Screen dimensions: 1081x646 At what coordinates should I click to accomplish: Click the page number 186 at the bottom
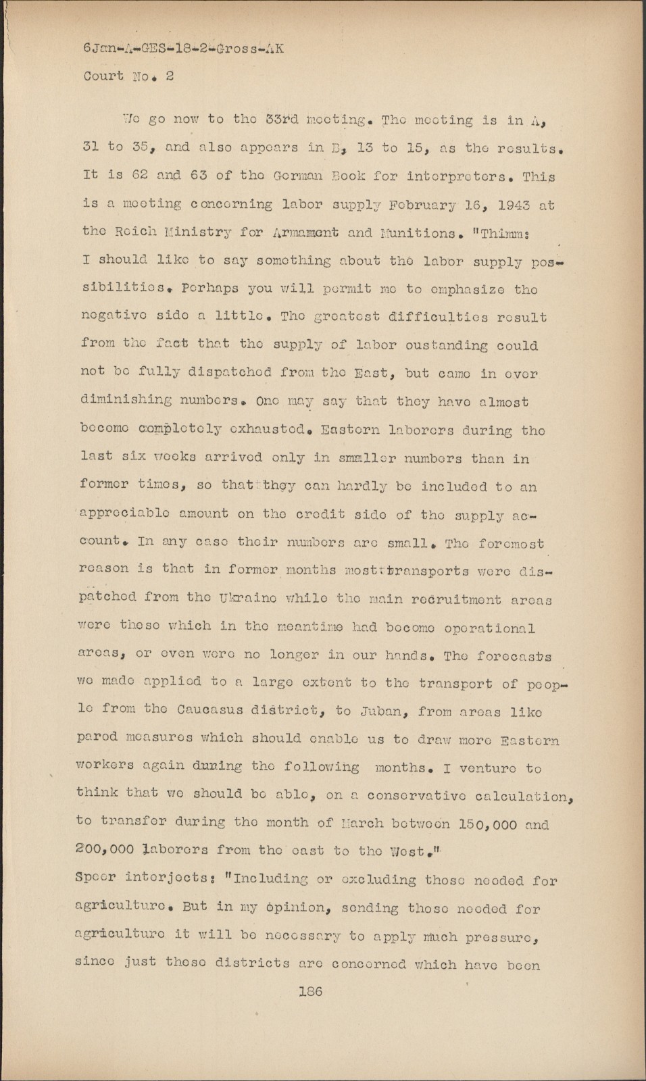coord(310,992)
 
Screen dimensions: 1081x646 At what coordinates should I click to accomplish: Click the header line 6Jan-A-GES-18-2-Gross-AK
coord(182,48)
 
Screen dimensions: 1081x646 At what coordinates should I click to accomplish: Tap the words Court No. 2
coord(128,76)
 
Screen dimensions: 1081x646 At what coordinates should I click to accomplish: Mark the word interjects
coord(173,878)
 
